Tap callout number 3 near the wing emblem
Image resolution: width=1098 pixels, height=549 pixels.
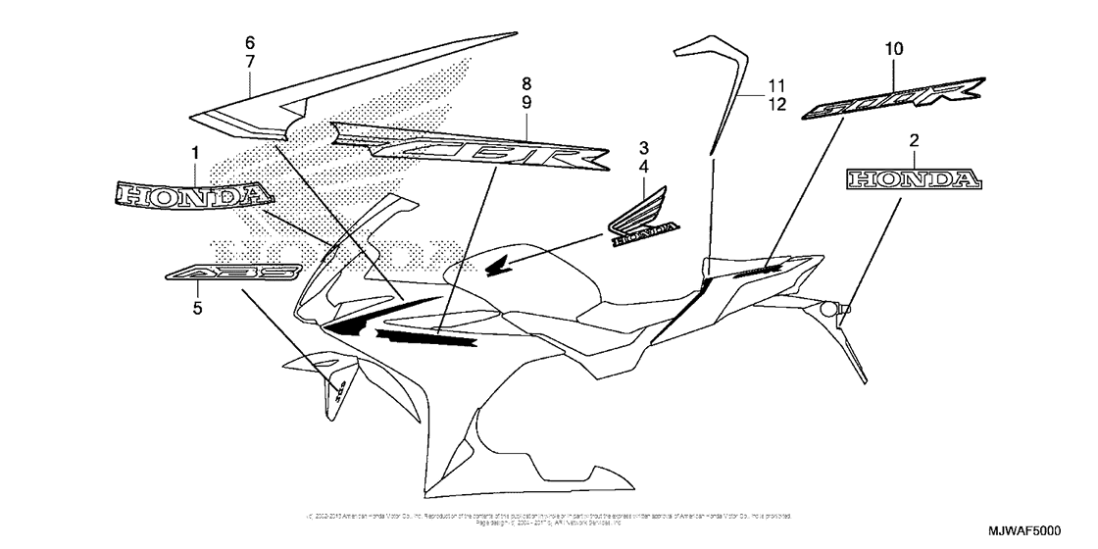click(644, 148)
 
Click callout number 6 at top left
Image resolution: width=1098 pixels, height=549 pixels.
click(249, 42)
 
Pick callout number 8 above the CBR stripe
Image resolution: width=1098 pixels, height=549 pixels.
click(526, 83)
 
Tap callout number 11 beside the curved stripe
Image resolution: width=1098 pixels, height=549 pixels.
click(776, 85)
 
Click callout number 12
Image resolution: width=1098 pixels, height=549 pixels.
click(776, 105)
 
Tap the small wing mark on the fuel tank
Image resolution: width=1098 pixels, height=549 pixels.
click(498, 264)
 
